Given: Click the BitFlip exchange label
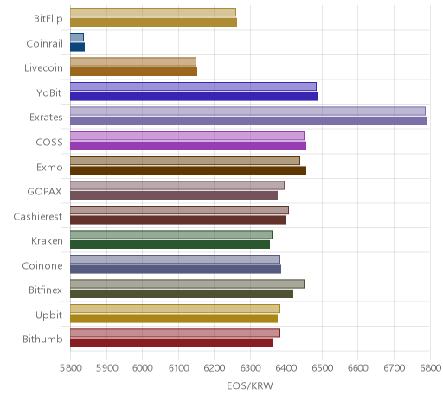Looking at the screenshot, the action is pyautogui.click(x=48, y=18).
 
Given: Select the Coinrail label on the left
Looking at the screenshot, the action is pyautogui.click(x=44, y=44).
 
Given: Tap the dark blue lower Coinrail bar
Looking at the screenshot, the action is pyautogui.click(x=77, y=47).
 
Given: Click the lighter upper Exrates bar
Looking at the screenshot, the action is pyautogui.click(x=247, y=111).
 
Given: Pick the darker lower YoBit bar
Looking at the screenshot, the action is pyautogui.click(x=194, y=96).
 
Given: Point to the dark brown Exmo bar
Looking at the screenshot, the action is pyautogui.click(x=188, y=170).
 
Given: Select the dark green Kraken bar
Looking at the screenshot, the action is pyautogui.click(x=170, y=245).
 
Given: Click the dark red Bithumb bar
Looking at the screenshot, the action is pyautogui.click(x=171, y=343).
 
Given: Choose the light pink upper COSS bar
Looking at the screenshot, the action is pyautogui.click(x=187, y=136).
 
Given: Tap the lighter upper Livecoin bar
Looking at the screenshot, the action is pyautogui.click(x=133, y=61).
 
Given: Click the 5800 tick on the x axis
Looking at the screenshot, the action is pyautogui.click(x=70, y=368).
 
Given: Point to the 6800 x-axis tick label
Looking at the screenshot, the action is pyautogui.click(x=430, y=368).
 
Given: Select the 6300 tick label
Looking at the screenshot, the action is pyautogui.click(x=250, y=368).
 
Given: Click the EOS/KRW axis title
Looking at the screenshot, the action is pyautogui.click(x=250, y=385).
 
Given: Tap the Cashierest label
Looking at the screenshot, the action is pyautogui.click(x=38, y=216).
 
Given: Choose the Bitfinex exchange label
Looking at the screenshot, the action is pyautogui.click(x=45, y=290).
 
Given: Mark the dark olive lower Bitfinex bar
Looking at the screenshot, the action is pyautogui.click(x=182, y=294).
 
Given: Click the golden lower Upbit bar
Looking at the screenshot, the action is pyautogui.click(x=174, y=318).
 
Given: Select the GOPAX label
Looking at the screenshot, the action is pyautogui.click(x=44, y=192).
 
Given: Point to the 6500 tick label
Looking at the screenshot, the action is pyautogui.click(x=323, y=368).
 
